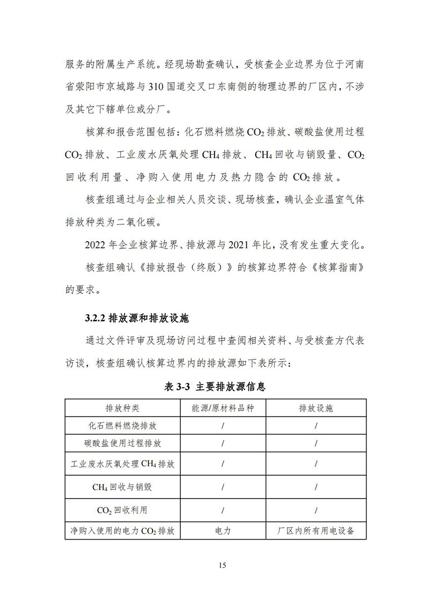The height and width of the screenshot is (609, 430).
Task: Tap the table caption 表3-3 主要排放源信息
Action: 215,386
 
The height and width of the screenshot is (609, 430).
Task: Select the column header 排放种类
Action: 123,408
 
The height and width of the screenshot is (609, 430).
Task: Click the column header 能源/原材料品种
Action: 223,408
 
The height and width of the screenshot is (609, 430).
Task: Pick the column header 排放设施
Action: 316,408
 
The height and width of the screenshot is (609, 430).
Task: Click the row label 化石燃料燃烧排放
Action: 123,426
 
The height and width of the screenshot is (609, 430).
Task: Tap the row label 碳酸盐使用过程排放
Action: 123,443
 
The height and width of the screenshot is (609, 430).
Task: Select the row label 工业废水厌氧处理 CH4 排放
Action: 123,464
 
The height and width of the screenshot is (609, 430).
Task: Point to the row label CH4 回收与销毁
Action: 123,487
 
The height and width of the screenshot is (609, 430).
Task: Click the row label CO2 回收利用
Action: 123,510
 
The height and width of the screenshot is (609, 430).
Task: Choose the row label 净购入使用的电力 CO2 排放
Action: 123,531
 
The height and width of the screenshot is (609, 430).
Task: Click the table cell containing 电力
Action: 223,531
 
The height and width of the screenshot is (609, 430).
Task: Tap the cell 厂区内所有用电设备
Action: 316,531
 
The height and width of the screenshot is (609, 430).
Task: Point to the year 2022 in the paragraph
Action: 96,245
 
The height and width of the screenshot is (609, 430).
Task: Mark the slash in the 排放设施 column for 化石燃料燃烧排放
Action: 316,426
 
